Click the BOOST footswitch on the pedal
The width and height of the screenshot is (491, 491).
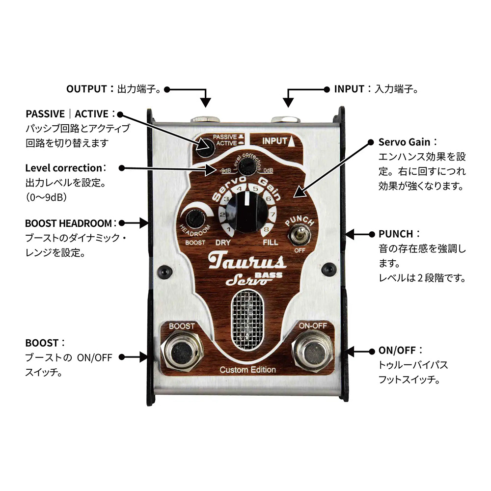tap(182, 352)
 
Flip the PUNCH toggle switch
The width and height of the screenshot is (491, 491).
tap(297, 236)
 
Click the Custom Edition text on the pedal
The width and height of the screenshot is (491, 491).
tap(247, 370)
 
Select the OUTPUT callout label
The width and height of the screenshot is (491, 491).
tap(86, 89)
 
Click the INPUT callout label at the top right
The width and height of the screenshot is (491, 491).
tap(350, 89)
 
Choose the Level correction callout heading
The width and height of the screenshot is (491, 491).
tap(65, 168)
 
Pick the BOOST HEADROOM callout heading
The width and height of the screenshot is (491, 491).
tap(69, 223)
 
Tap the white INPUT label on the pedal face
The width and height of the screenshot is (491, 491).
tap(274, 141)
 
